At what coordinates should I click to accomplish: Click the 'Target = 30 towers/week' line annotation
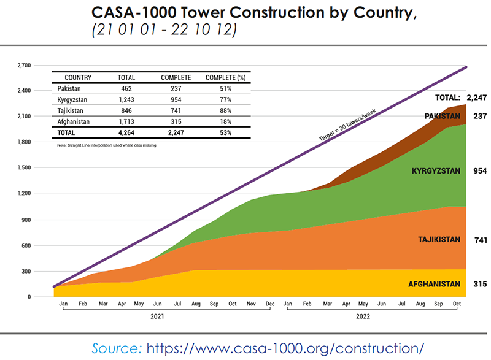(347, 124)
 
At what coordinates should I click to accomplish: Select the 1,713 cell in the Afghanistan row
(126, 121)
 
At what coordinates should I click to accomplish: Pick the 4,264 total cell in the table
(126, 132)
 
